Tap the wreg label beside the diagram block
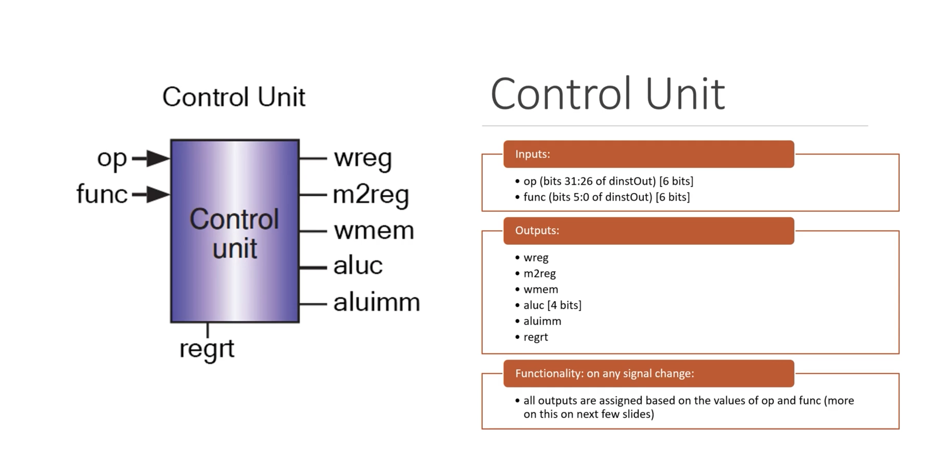[363, 158]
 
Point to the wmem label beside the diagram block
[374, 231]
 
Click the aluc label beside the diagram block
[358, 266]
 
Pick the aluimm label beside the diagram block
[377, 302]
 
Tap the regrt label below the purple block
[207, 349]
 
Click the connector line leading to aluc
[313, 268]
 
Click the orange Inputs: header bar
[649, 154]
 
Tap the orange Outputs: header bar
[649, 231]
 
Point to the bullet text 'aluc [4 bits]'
[552, 305]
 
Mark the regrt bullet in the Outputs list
[536, 337]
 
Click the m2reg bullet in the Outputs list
[539, 274]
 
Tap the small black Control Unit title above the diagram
[234, 97]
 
